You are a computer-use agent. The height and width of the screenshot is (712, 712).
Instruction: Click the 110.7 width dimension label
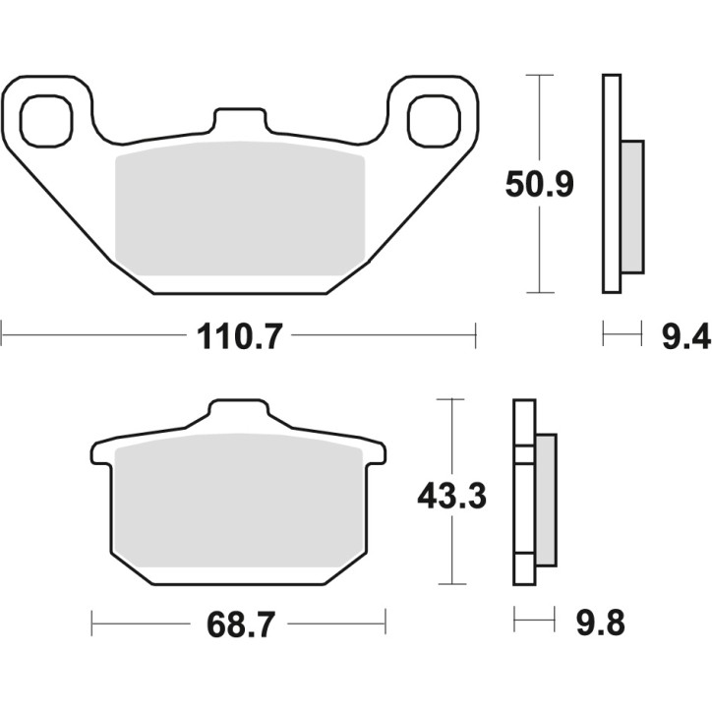tap(239, 337)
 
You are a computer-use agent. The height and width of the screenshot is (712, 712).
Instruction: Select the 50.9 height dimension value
tap(539, 183)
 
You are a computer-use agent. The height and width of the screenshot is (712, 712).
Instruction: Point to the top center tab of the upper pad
tap(239, 123)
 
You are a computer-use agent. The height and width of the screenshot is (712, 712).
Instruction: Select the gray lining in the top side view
tap(632, 207)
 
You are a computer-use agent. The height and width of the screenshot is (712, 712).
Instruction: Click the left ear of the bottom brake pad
tap(101, 452)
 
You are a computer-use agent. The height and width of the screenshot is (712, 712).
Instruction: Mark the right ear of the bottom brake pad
tap(376, 452)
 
